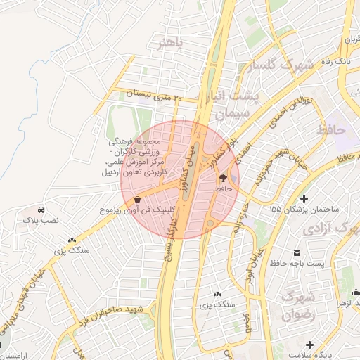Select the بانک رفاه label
click(334, 63)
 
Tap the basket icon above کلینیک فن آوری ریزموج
click(138, 199)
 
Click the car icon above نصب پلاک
click(41, 210)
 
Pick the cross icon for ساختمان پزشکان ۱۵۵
click(304, 198)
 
